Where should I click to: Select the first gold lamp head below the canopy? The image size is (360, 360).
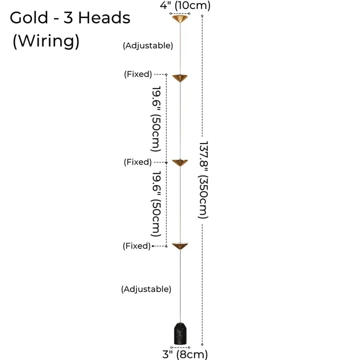pos(179,77)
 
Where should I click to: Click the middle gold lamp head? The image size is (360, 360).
pos(179,163)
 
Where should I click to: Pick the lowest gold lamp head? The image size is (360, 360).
pos(179,245)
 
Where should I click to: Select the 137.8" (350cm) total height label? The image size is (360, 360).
pos(203,179)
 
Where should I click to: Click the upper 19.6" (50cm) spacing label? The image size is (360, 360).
pos(156,119)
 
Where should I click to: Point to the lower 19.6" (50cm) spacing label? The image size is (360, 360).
pos(156,204)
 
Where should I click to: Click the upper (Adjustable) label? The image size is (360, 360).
pos(148,45)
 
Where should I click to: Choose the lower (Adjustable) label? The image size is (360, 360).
pos(146,289)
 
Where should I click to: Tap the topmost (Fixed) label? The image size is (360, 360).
pos(137,74)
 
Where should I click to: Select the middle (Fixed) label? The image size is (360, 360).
pos(137,162)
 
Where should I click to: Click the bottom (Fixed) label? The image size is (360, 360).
pos(136,246)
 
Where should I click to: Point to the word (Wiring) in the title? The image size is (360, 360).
pos(46,41)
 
